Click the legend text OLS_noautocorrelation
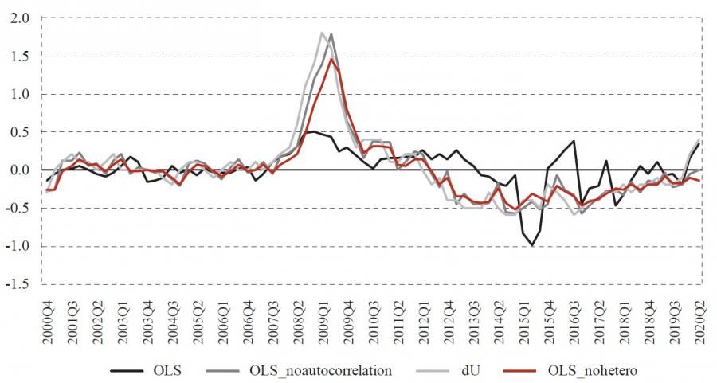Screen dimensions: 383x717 [x=319, y=369]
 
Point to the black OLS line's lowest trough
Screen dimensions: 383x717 [x=531, y=246]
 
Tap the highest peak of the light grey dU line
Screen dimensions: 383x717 [x=321, y=33]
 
